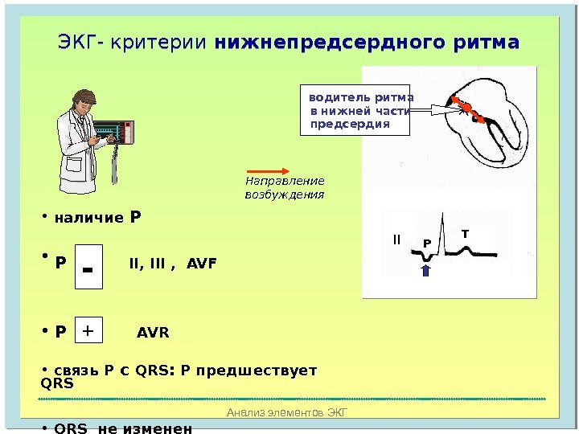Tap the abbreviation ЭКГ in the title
point(76,41)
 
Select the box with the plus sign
point(88,330)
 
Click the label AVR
point(153,332)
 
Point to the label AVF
point(201,263)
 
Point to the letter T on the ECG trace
point(464,233)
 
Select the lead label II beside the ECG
point(396,240)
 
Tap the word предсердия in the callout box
point(350,125)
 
